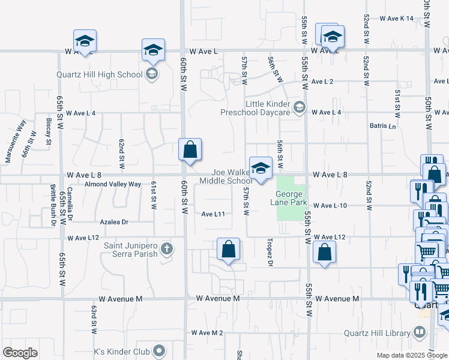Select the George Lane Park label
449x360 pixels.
click(x=291, y=197)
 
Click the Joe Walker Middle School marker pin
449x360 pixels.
click(x=261, y=170)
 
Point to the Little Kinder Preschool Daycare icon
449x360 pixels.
click(x=300, y=108)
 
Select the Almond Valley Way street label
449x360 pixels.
click(x=113, y=184)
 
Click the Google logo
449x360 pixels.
click(x=20, y=353)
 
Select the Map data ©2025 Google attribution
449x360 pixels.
click(x=412, y=355)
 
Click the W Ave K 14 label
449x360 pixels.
click(x=397, y=19)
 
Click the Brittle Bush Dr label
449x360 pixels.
click(x=53, y=211)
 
